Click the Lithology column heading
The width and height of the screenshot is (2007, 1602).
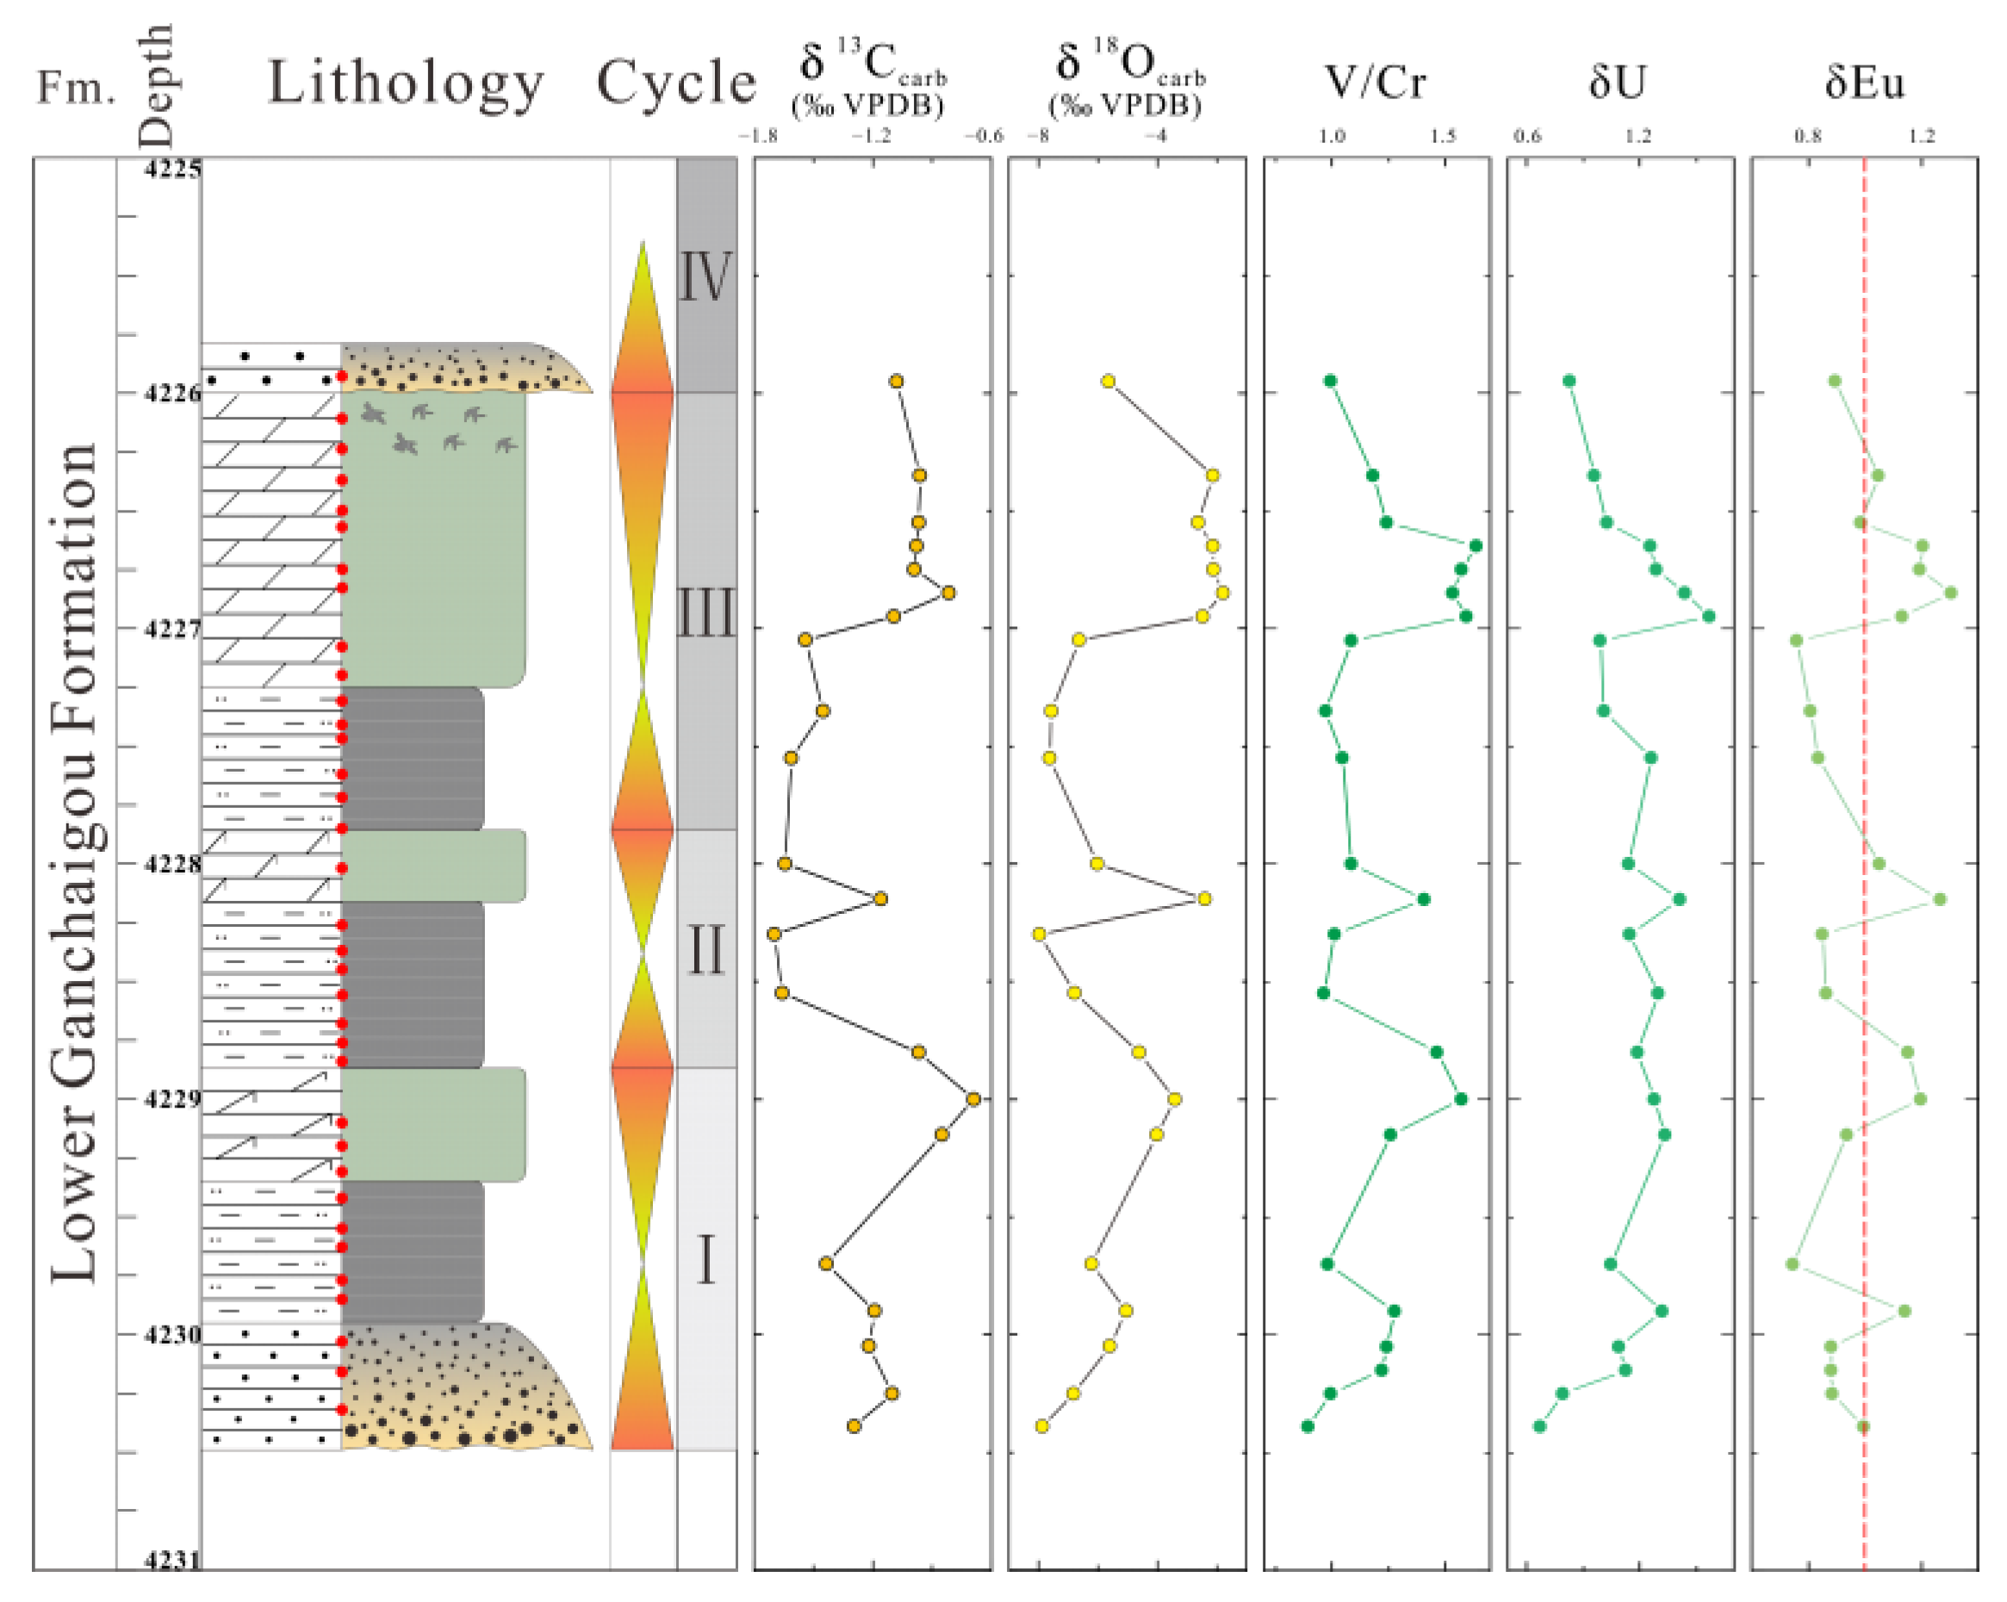pos(406,84)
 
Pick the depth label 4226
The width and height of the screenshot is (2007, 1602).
pos(172,393)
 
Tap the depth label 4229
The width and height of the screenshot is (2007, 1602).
pos(172,1099)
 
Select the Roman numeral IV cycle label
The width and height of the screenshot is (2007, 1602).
pos(705,276)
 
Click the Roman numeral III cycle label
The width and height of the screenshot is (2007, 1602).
pos(705,612)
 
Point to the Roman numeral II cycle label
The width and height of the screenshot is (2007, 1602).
pos(705,949)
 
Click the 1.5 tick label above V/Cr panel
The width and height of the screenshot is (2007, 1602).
pos(1442,136)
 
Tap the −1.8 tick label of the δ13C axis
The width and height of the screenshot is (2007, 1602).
pos(758,136)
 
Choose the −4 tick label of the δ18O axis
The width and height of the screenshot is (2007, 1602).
pos(1155,136)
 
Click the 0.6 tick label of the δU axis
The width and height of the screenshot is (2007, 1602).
pos(1526,136)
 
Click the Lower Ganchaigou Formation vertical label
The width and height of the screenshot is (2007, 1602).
pos(74,861)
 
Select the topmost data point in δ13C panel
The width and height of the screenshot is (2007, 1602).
pos(896,381)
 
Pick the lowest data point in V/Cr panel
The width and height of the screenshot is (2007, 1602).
pos(1308,1426)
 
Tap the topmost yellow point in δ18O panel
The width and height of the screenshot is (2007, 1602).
pos(1108,381)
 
